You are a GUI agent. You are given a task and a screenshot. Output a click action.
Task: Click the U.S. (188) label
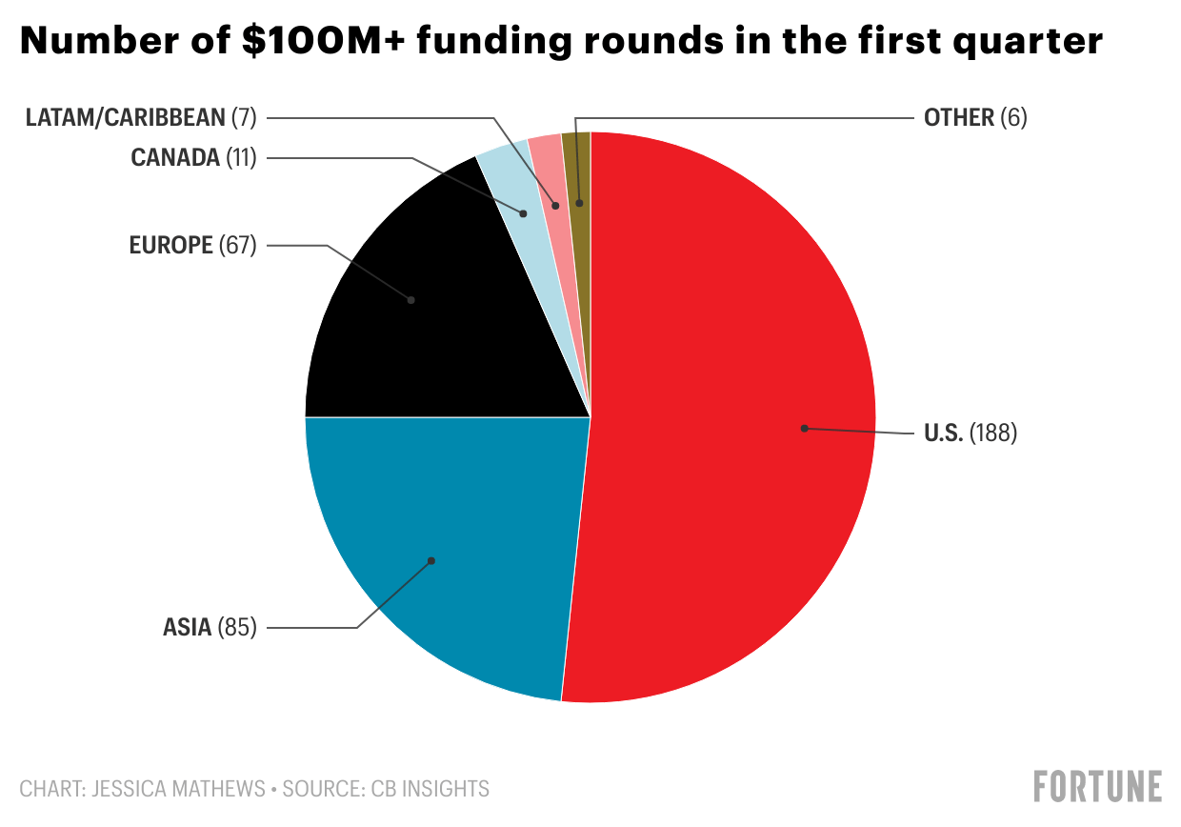(971, 434)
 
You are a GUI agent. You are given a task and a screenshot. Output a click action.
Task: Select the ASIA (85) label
(210, 628)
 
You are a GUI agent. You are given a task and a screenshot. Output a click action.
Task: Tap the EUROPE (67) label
(192, 246)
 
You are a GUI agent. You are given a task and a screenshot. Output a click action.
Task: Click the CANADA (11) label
(193, 157)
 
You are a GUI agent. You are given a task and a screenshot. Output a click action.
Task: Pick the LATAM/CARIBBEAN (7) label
(141, 117)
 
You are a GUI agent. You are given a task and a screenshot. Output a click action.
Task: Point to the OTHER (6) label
(975, 117)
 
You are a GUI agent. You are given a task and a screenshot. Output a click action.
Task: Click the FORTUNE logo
(1098, 786)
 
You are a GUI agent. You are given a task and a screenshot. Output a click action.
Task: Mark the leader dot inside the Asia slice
(431, 560)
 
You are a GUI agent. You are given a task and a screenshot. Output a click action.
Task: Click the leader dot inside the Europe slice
(411, 299)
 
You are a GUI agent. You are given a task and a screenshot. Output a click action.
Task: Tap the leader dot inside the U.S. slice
(804, 429)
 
